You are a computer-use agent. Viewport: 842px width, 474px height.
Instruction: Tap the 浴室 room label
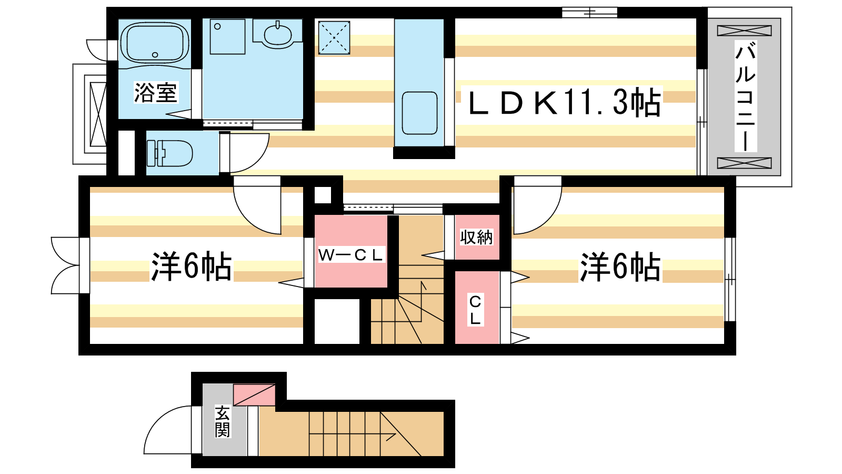(156, 93)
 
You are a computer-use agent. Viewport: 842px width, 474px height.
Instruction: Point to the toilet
(169, 153)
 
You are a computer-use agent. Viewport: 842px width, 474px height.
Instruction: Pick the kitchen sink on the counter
(419, 113)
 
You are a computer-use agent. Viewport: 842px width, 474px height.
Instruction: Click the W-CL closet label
(350, 255)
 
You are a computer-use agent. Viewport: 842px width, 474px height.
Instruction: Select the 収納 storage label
(476, 237)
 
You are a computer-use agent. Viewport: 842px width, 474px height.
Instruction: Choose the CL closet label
(475, 310)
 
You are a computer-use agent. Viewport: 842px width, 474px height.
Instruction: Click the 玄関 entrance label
(223, 421)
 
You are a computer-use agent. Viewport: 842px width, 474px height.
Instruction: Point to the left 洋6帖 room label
(191, 266)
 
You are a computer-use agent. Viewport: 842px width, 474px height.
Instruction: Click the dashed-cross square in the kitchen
(334, 37)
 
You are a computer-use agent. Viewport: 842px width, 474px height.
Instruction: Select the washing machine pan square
(227, 36)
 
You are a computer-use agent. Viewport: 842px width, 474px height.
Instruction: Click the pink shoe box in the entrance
(255, 394)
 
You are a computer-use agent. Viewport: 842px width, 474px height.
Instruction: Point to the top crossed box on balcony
(744, 31)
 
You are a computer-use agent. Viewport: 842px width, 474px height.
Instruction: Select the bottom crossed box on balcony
(744, 163)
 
